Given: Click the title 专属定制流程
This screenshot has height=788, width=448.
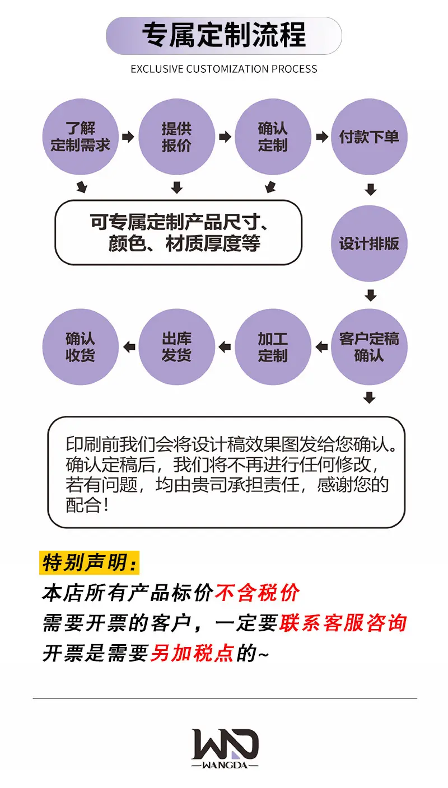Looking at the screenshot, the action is [x=224, y=35].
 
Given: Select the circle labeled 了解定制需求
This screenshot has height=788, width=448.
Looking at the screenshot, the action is [x=80, y=137].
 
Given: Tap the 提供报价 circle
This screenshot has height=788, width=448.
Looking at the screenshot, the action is [x=176, y=137].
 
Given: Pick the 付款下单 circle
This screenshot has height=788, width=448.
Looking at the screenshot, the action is [x=369, y=137].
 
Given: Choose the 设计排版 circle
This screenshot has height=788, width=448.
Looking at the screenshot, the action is [x=369, y=243].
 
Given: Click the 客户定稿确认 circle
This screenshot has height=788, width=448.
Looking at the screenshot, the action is [x=369, y=347].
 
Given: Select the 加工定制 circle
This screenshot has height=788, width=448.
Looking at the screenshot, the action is [x=273, y=347].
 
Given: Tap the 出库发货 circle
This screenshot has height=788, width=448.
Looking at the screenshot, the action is [x=176, y=347].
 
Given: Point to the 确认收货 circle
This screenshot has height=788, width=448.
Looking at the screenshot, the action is [x=80, y=347].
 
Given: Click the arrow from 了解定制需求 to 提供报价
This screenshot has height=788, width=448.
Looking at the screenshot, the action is [x=128, y=137].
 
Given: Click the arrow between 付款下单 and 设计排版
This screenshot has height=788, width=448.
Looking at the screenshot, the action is [x=371, y=189].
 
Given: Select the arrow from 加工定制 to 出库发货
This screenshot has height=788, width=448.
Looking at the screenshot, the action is [x=225, y=347].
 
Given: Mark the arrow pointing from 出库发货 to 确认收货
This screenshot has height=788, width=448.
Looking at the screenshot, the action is [x=129, y=347].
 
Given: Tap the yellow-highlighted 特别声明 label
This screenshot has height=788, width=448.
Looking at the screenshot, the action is [x=90, y=562].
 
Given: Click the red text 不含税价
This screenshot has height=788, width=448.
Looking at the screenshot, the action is [x=257, y=593].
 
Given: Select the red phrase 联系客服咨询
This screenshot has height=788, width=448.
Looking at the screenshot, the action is [x=343, y=623].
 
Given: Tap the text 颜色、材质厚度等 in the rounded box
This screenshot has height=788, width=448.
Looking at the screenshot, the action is [x=184, y=243].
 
